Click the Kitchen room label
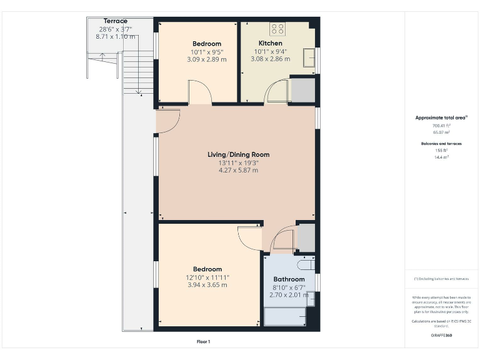coord(270,43)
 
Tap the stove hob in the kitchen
coord(277,28)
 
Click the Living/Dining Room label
coord(238,154)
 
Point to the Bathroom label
coord(289,279)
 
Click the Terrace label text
coord(115,21)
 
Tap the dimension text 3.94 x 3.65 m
coord(206,285)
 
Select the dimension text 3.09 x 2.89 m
coord(206,59)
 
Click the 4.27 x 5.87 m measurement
coord(237,170)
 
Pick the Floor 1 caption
coord(203,342)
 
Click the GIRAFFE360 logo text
coord(441,336)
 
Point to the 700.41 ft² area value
coord(441,126)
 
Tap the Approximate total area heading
coord(441,117)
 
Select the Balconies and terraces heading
coord(441,144)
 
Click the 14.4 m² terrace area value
coord(441,157)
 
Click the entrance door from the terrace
coord(167,121)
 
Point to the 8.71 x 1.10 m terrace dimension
coord(115,37)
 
